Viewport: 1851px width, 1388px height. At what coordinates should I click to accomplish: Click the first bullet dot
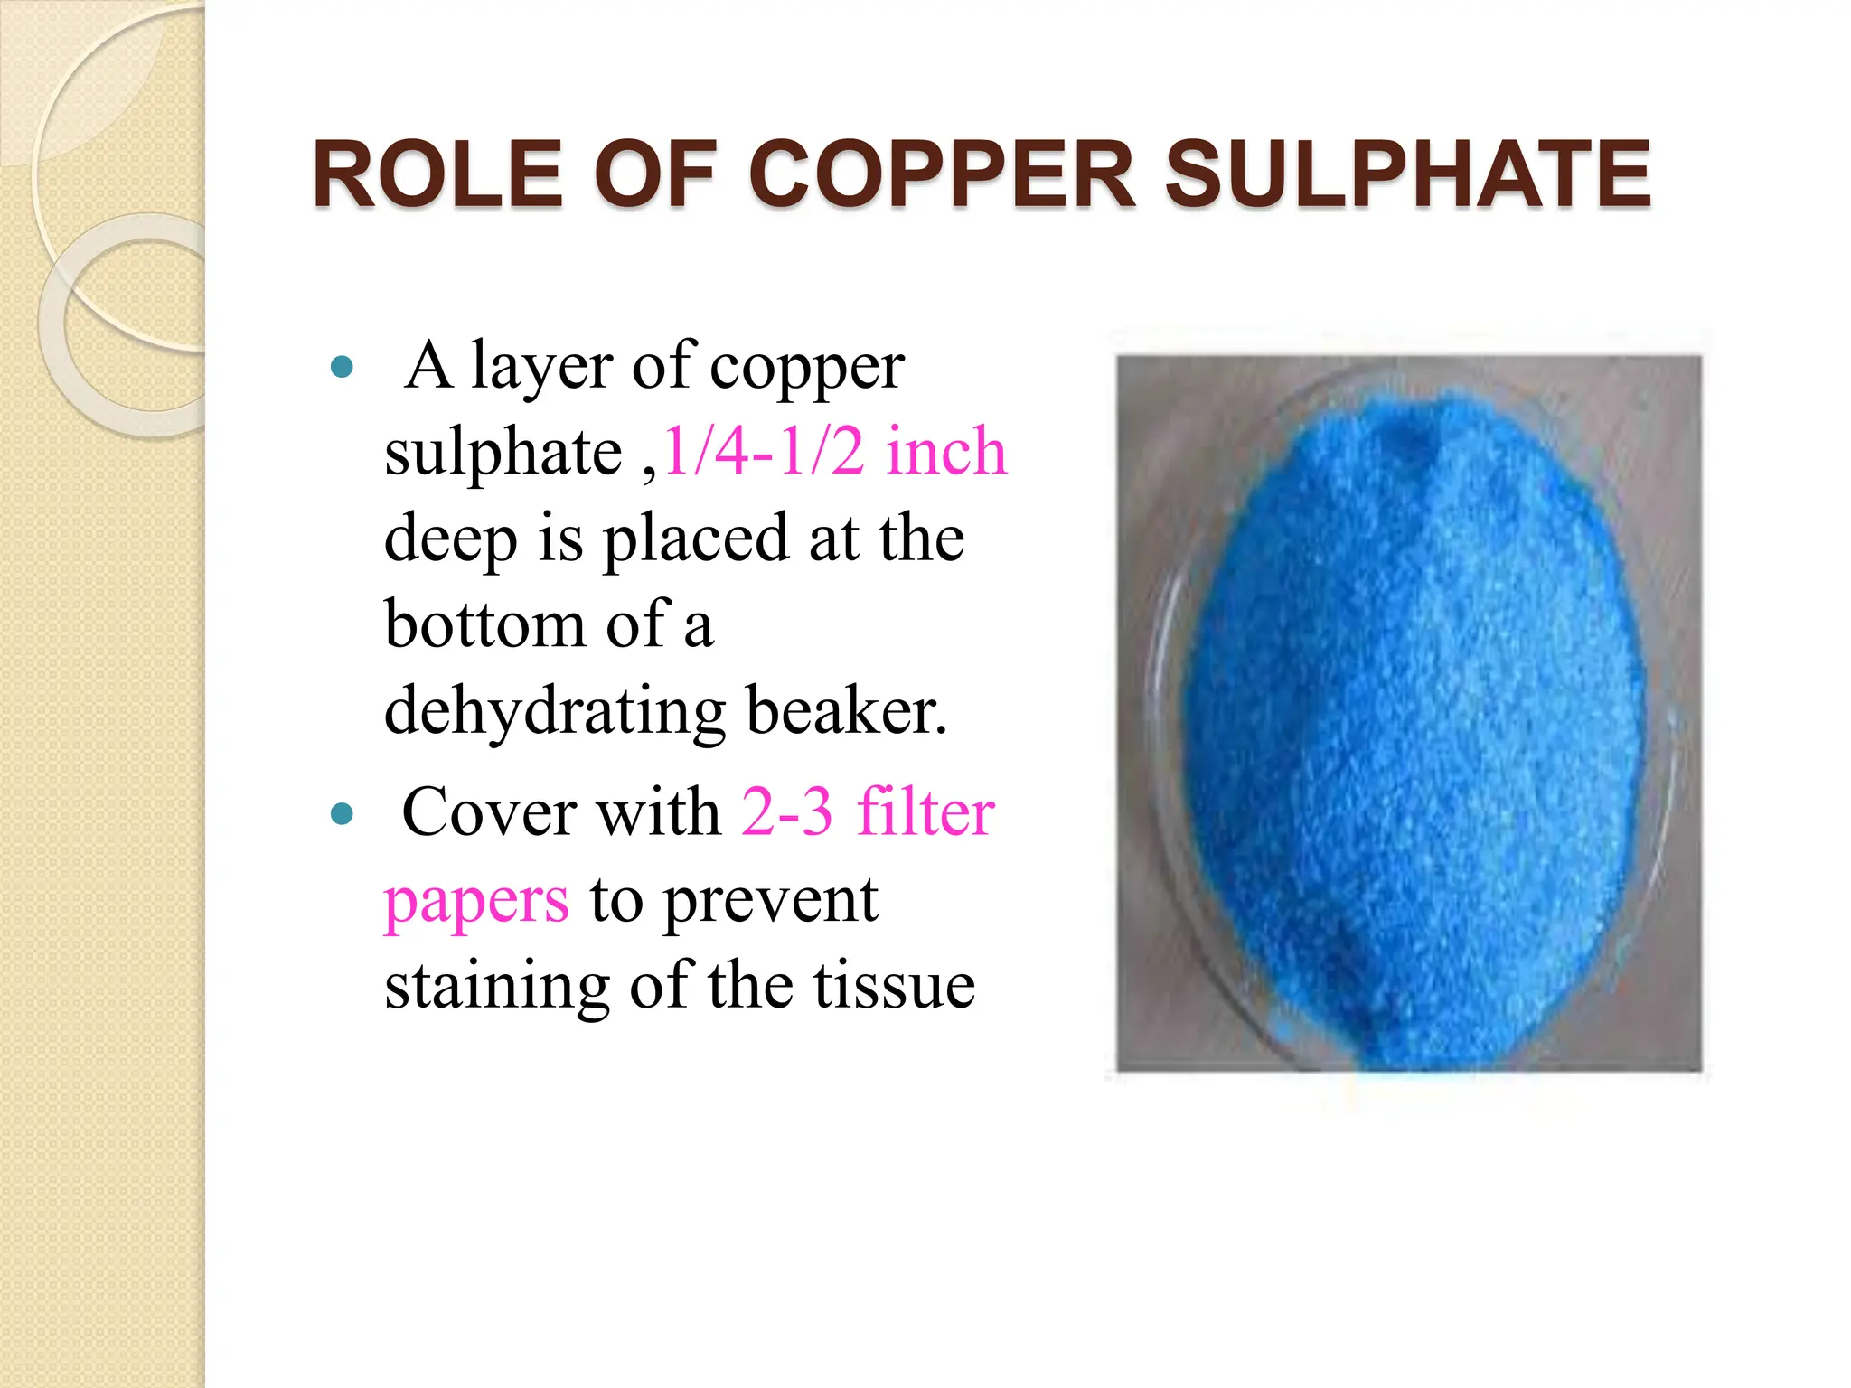[342, 367]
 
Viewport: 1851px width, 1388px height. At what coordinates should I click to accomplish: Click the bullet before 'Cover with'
[342, 814]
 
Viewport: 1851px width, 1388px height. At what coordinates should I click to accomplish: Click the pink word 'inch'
[945, 451]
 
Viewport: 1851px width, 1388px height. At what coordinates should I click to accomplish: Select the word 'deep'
[449, 539]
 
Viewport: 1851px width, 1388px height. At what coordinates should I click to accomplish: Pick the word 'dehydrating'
[554, 711]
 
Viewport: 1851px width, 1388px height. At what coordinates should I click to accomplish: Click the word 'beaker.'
[847, 711]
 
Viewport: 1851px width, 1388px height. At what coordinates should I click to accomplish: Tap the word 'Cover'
[489, 812]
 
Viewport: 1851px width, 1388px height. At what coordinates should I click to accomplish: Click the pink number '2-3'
[786, 812]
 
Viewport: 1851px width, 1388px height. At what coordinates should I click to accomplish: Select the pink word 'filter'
[925, 812]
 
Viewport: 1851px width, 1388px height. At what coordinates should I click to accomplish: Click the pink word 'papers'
[476, 901]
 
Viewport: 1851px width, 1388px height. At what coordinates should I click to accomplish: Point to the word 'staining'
[496, 985]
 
